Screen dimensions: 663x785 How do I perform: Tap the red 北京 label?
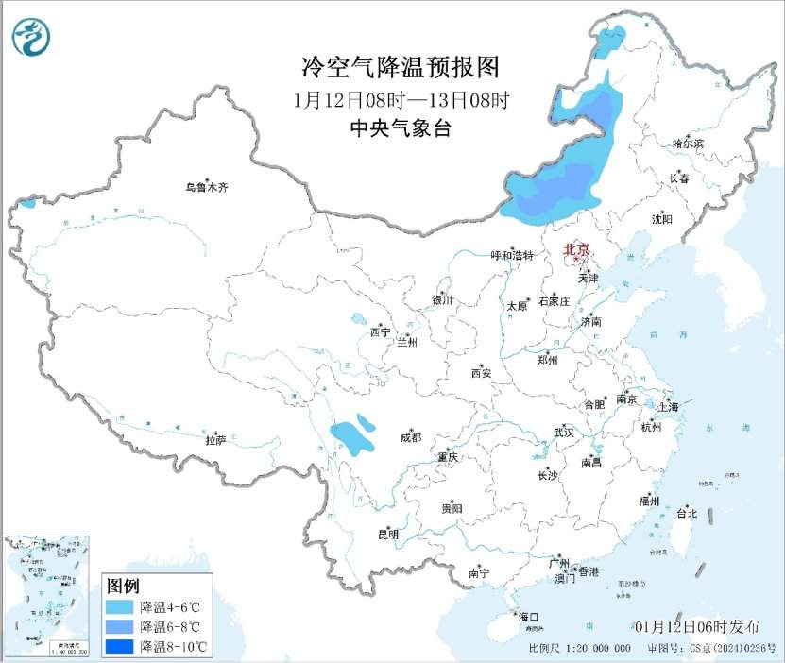[575, 250]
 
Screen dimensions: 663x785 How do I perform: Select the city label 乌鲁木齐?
[206, 188]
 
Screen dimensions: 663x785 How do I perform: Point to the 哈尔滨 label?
[688, 144]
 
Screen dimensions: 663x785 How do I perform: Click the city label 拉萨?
[215, 439]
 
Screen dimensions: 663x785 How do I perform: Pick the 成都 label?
[410, 437]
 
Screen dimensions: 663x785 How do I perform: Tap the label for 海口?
[528, 617]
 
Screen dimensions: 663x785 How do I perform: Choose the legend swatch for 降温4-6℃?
[119, 606]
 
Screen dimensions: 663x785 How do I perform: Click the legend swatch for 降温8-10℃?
[119, 647]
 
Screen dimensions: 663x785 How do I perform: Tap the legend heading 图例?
[123, 585]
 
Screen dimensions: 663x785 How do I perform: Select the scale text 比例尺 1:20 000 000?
[580, 649]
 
